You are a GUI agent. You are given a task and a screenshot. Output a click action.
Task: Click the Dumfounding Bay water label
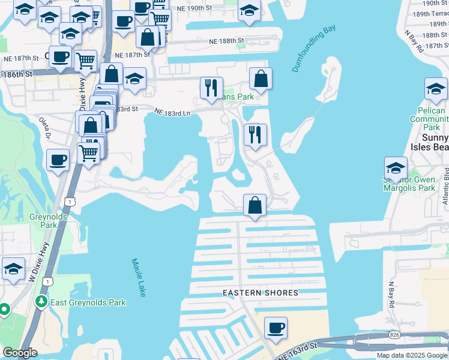313,49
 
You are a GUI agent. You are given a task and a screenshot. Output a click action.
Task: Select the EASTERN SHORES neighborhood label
261,293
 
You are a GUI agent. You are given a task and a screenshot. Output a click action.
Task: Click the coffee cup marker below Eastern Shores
276,328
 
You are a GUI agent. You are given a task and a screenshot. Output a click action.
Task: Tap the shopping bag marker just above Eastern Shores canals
255,205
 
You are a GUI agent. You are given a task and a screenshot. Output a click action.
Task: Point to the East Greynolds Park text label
88,302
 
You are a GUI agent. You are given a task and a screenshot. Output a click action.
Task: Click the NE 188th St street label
227,41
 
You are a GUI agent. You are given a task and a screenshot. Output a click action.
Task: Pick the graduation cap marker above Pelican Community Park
436,89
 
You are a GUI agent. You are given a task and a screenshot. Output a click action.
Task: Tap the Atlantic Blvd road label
445,186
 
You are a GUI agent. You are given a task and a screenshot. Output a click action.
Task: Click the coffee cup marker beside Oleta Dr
58,160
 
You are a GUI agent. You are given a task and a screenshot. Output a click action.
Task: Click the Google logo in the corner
20,353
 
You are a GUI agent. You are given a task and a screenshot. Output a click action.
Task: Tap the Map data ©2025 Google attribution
412,355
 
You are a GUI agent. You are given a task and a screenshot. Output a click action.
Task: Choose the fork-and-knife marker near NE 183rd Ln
211,88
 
